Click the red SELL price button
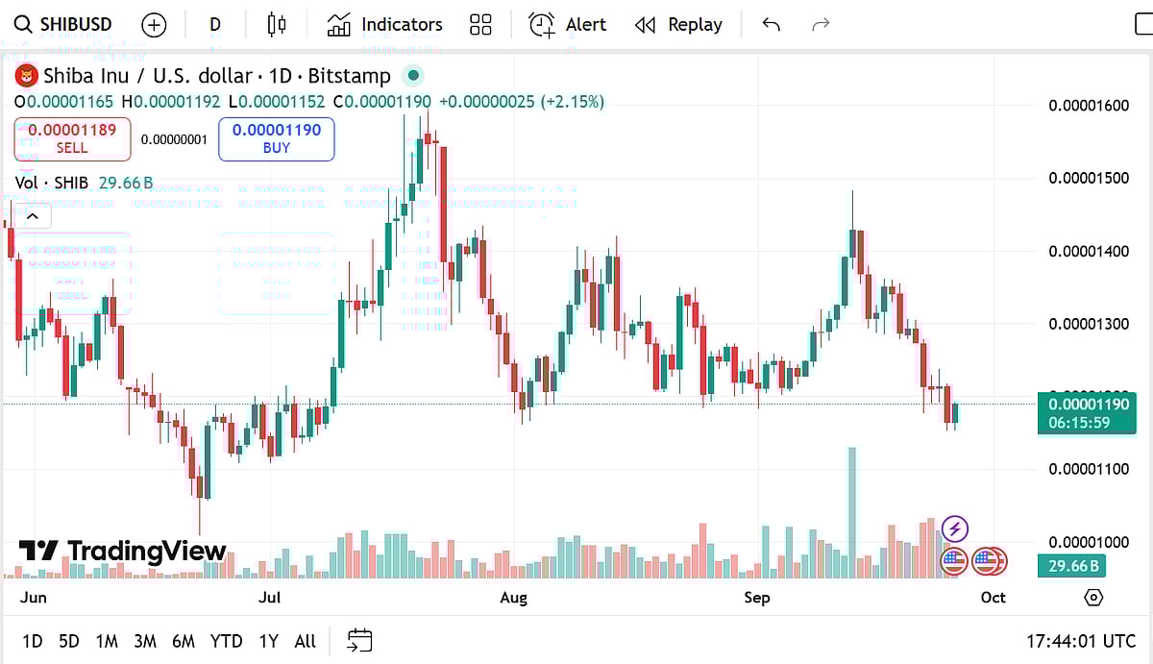pos(72,138)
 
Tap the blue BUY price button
pos(277,138)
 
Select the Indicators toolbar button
pos(384,25)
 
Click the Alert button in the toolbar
pos(568,25)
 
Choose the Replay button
pos(679,25)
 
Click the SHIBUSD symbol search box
pos(63,25)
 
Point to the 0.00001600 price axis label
pos(1088,106)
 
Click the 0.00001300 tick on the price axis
pos(1088,324)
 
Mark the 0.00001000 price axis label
pos(1088,542)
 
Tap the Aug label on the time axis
pos(514,598)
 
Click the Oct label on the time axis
pos(993,598)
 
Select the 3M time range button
pos(145,641)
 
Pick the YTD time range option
pos(226,641)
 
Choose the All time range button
pos(305,641)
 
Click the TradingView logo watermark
pos(122,552)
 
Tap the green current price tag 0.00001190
pos(1087,412)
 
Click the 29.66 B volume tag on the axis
pos(1071,566)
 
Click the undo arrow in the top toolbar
pos(771,25)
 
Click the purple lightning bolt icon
pos(954,528)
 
